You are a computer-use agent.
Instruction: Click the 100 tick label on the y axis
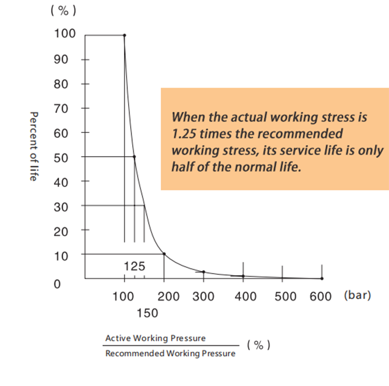coord(65,34)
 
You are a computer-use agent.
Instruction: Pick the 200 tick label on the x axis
coord(169,296)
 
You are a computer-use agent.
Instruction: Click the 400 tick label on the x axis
coord(245,296)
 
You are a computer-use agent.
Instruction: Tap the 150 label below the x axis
coord(147,313)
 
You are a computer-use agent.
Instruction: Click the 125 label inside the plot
coord(135,266)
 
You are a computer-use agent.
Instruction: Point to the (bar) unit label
coord(357,296)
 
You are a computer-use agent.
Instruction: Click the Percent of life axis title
coord(34,146)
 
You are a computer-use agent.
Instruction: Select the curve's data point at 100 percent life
coord(124,35)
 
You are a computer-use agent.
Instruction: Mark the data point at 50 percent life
coord(134,157)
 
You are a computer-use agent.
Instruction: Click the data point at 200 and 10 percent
coord(164,254)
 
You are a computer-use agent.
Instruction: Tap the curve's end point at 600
coord(322,278)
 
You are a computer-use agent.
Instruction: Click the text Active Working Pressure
coord(156,338)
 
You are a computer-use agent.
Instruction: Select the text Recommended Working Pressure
coord(170,354)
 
